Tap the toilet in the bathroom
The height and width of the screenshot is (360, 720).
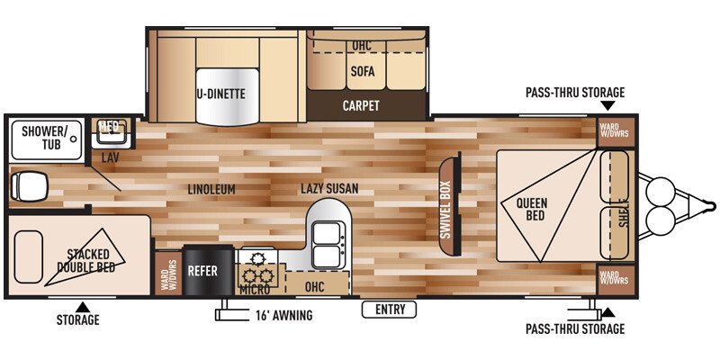pos(26,187)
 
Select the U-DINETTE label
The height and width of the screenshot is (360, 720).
pos(221,93)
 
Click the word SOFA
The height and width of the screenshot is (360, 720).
pos(362,72)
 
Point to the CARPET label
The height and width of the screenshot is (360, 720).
pos(361,105)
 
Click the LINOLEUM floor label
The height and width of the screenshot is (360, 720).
pos(212,190)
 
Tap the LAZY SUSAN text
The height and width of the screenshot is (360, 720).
pos(329,189)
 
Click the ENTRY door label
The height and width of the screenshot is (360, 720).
pos(389,310)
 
